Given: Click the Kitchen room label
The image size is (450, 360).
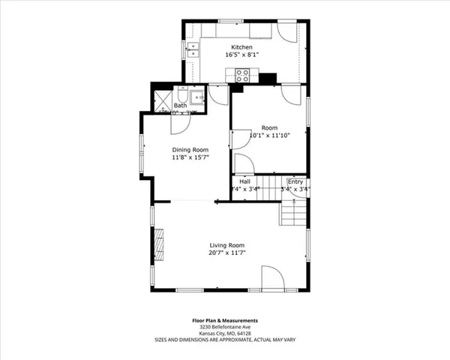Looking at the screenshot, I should coord(241,47).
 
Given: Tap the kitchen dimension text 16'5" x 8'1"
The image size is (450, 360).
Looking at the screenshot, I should coord(241,55).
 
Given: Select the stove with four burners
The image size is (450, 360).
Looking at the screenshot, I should coord(243,74).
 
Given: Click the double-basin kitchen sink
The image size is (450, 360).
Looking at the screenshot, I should coord(193,50).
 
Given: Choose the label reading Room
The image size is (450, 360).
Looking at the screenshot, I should coord(269,127).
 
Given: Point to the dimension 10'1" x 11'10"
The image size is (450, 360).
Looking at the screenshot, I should coord(269,135).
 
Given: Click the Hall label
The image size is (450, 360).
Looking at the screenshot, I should coord(244,181).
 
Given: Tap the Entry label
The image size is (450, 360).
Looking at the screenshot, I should coord(295,181).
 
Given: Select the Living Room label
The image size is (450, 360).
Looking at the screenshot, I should coord(226,245).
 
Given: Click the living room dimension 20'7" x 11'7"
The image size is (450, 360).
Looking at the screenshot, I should coord(226,253).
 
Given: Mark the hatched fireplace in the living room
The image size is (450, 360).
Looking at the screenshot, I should coord(158,244).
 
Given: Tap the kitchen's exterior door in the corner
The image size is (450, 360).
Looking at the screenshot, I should coord(286,32).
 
